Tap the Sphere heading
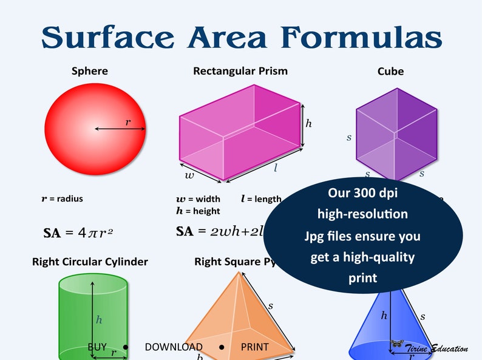(90, 71)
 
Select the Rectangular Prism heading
(240, 71)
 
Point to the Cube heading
(390, 72)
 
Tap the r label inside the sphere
(127, 122)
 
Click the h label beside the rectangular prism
(308, 123)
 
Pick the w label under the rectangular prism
(190, 175)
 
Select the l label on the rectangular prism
(275, 168)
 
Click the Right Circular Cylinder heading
(90, 262)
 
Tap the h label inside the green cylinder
(98, 319)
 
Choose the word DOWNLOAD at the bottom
(174, 347)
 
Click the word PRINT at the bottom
(255, 347)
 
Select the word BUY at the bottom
(97, 347)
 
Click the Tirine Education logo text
(436, 349)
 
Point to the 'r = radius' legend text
(62, 199)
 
